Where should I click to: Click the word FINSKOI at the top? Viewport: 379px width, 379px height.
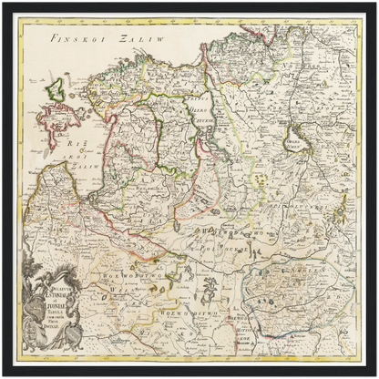click(x=76, y=40)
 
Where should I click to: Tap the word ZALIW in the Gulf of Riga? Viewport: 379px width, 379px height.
click(x=86, y=167)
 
